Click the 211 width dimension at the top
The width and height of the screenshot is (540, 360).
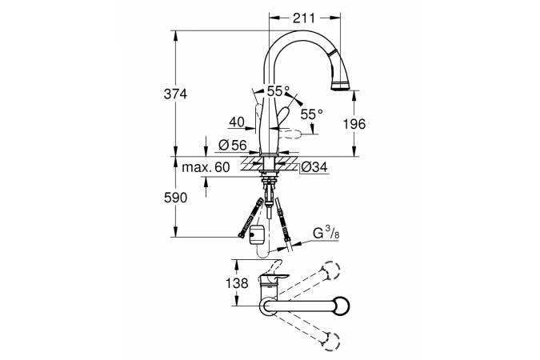[x=304, y=18]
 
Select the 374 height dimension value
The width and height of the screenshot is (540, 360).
[x=175, y=94]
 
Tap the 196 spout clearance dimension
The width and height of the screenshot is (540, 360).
[x=354, y=124]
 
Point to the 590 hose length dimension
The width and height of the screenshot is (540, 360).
[x=176, y=198]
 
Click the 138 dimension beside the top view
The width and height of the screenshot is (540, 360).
[x=237, y=283]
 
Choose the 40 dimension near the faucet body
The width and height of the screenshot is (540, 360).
[x=237, y=122]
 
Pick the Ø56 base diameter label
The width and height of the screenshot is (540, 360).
[x=233, y=146]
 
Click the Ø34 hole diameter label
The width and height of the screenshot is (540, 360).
[x=314, y=167]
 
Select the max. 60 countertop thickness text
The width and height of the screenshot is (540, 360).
[x=206, y=167]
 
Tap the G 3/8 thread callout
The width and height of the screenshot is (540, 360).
[x=326, y=234]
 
